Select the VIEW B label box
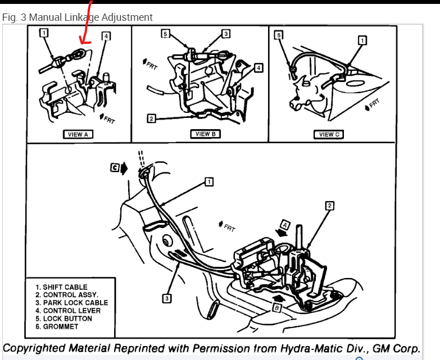(x=203, y=134)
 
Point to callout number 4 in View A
(x=106, y=36)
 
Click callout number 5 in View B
(x=165, y=34)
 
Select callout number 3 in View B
(x=225, y=34)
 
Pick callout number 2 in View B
(x=151, y=119)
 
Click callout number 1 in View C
(x=362, y=40)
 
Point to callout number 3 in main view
(x=166, y=298)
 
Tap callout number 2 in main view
(x=329, y=206)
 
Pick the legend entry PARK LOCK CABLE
(x=71, y=303)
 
